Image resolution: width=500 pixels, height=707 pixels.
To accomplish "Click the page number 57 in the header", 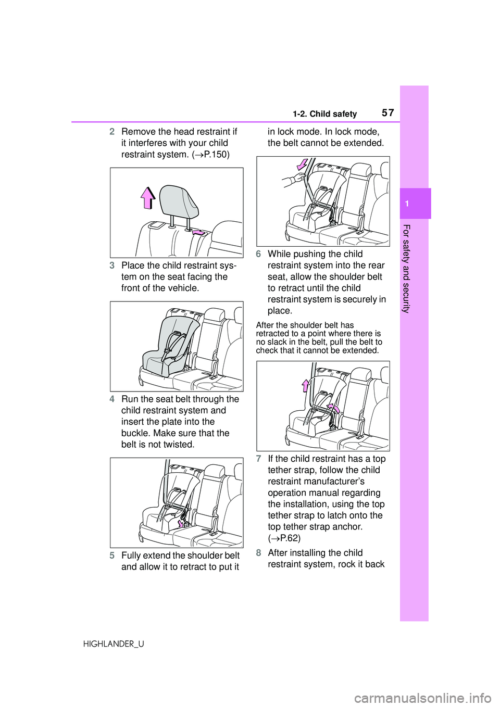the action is tap(387, 112).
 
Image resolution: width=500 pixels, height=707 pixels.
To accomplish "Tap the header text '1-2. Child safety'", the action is tap(324, 114).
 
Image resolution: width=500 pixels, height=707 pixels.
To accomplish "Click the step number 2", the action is tap(112, 131).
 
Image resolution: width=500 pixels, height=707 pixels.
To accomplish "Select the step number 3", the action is tap(112, 265).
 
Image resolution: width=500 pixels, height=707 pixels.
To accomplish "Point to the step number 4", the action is tap(112, 399).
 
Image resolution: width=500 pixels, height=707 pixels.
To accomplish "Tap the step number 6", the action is tap(258, 254).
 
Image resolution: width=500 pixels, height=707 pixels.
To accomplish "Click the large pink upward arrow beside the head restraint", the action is tap(148, 198).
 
